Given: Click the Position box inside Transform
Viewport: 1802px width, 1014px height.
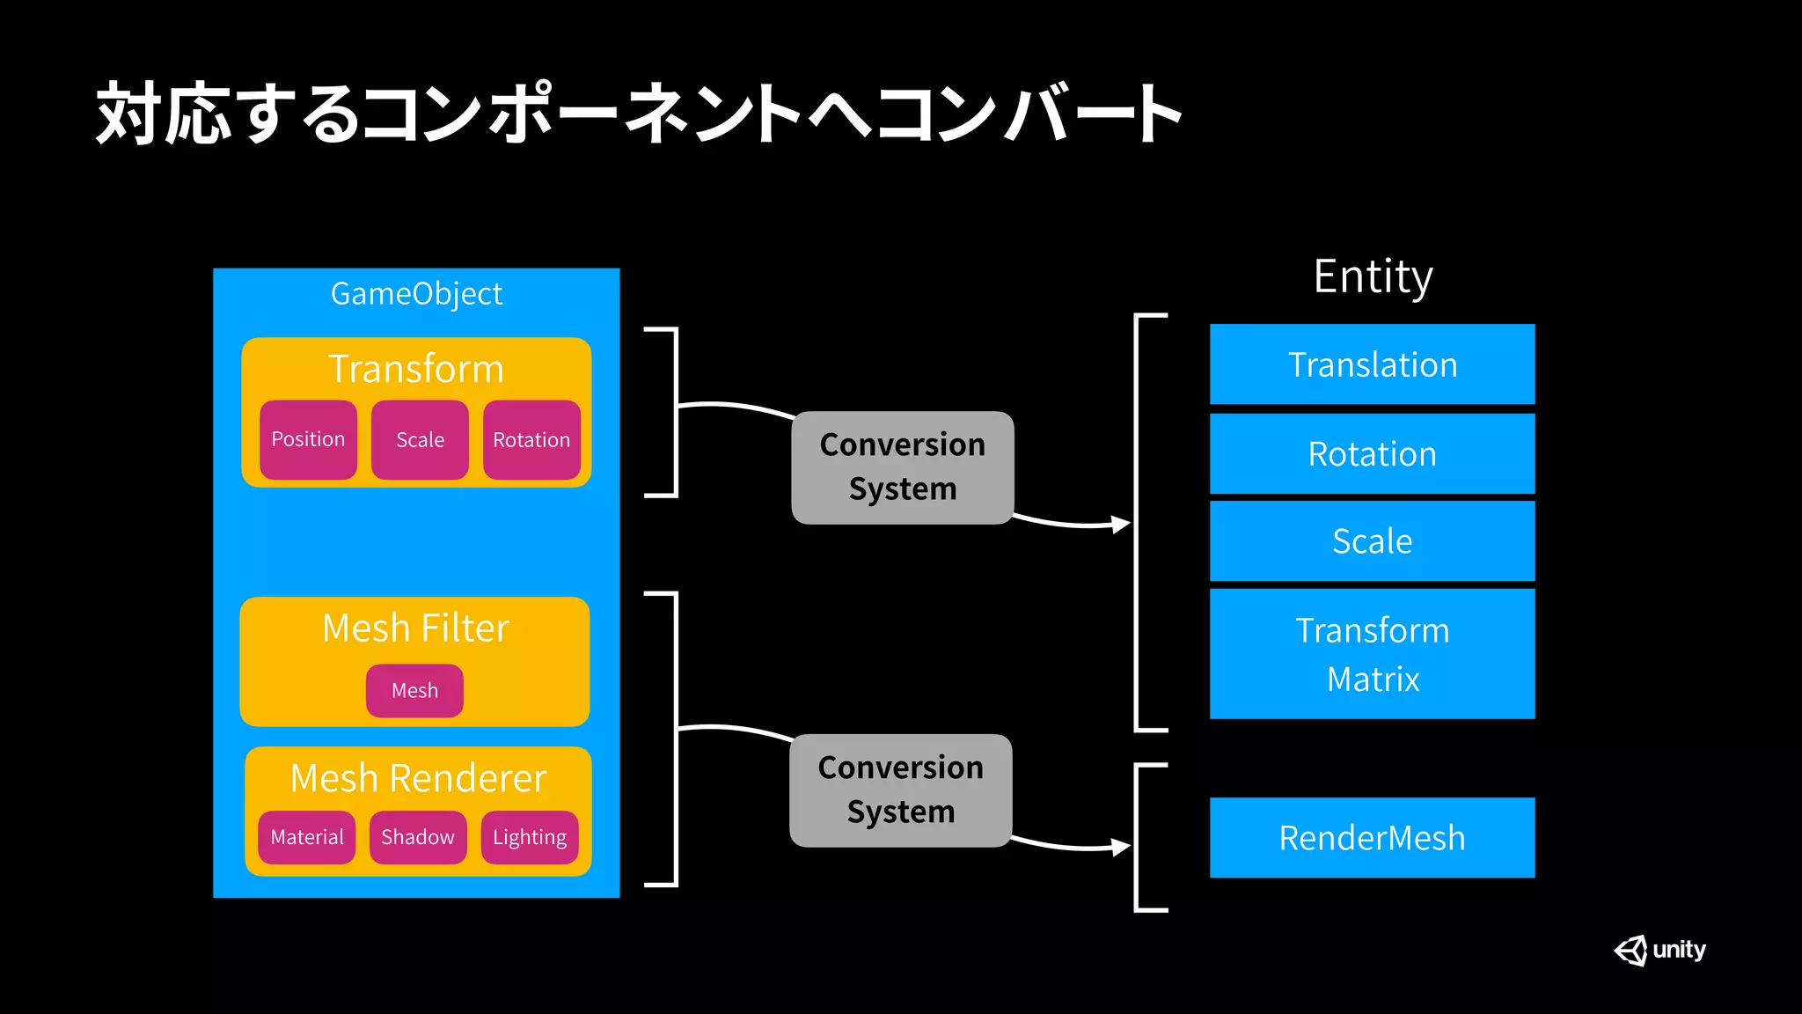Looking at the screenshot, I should tap(308, 439).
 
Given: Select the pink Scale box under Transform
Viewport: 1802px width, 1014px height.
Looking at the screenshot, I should tap(420, 439).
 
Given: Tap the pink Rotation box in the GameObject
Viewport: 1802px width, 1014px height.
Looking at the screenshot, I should tap(531, 439).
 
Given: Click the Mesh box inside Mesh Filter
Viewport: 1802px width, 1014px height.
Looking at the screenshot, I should tap(414, 691).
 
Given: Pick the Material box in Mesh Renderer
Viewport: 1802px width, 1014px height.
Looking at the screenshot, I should tap(306, 837).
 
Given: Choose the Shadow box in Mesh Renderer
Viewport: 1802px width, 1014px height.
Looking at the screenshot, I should tap(418, 837).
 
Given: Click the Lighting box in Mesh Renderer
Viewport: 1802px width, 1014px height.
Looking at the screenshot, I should tap(530, 837).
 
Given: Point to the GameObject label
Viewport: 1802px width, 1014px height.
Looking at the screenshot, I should tap(416, 294).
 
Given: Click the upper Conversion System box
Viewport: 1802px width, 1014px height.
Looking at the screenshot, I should tap(903, 467).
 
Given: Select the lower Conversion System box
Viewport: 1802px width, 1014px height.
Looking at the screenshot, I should tap(901, 790).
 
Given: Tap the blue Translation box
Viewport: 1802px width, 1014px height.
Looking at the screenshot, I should tap(1372, 364).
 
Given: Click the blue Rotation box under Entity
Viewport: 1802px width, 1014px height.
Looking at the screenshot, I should tap(1372, 454).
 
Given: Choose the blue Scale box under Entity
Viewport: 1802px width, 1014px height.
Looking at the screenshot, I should tap(1372, 541).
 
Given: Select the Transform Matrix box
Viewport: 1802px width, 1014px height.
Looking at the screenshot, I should tap(1372, 654).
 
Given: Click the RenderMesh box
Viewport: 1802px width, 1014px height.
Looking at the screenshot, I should tap(1372, 838).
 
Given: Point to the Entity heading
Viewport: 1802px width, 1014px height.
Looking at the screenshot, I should tap(1373, 276).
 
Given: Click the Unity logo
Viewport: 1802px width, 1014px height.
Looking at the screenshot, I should tap(1659, 951).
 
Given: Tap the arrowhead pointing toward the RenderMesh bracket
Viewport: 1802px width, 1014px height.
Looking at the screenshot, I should tap(1121, 848).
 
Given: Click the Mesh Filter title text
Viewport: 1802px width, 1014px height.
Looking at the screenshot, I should tap(415, 628).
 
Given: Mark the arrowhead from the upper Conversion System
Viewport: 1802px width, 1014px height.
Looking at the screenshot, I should tap(1121, 525).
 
